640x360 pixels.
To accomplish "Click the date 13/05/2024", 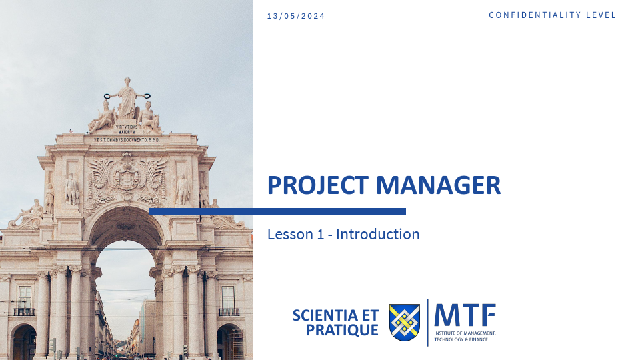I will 295,16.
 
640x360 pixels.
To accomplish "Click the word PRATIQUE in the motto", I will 342,330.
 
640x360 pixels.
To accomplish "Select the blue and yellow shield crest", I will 404,322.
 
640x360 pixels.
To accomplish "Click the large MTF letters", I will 465,315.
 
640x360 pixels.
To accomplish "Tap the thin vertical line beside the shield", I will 427,322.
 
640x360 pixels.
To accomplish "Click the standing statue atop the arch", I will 126,97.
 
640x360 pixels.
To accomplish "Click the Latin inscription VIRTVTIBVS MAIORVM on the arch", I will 126,129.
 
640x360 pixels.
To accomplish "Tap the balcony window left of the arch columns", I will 25,300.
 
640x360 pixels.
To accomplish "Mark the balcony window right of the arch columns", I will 229,300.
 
